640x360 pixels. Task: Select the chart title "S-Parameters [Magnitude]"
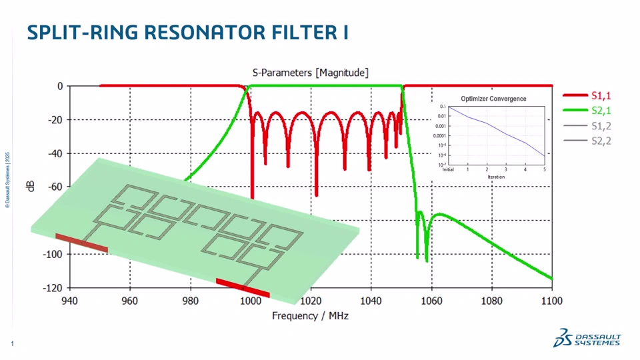click(310, 72)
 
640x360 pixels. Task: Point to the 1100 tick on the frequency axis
click(551, 301)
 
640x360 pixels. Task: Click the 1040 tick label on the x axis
click(371, 301)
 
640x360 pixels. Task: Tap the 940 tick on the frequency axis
click(69, 301)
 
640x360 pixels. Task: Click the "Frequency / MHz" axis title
click(310, 315)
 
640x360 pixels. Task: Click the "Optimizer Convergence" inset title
click(493, 99)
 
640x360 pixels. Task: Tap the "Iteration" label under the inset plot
click(496, 177)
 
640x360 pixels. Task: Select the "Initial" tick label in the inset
click(449, 169)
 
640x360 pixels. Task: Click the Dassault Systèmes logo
click(587, 338)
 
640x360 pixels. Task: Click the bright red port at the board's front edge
click(243, 287)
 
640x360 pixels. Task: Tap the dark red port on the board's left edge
click(81, 243)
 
